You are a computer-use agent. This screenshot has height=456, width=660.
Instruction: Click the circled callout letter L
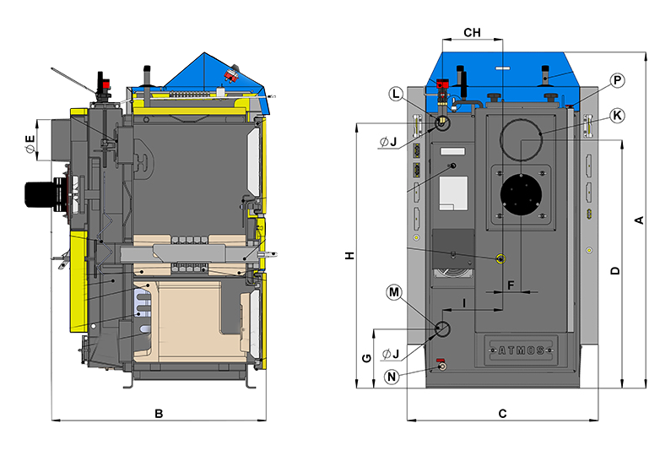pyautogui.click(x=396, y=94)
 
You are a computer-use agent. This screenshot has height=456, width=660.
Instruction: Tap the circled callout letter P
pyautogui.click(x=617, y=80)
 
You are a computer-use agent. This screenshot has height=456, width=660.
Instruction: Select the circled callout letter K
pyautogui.click(x=617, y=116)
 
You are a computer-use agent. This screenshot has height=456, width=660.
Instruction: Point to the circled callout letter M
pyautogui.click(x=394, y=292)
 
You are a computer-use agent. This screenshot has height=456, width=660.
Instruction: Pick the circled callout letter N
pyautogui.click(x=392, y=377)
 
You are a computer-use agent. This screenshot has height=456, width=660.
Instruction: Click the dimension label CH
pyautogui.click(x=472, y=33)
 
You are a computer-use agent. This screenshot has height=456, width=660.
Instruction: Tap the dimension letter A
pyautogui.click(x=639, y=220)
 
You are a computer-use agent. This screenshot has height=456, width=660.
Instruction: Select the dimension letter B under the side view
pyautogui.click(x=159, y=414)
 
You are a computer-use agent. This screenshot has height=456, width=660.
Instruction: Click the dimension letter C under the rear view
pyautogui.click(x=502, y=414)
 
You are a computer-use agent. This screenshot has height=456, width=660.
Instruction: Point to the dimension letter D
pyautogui.click(x=615, y=270)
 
